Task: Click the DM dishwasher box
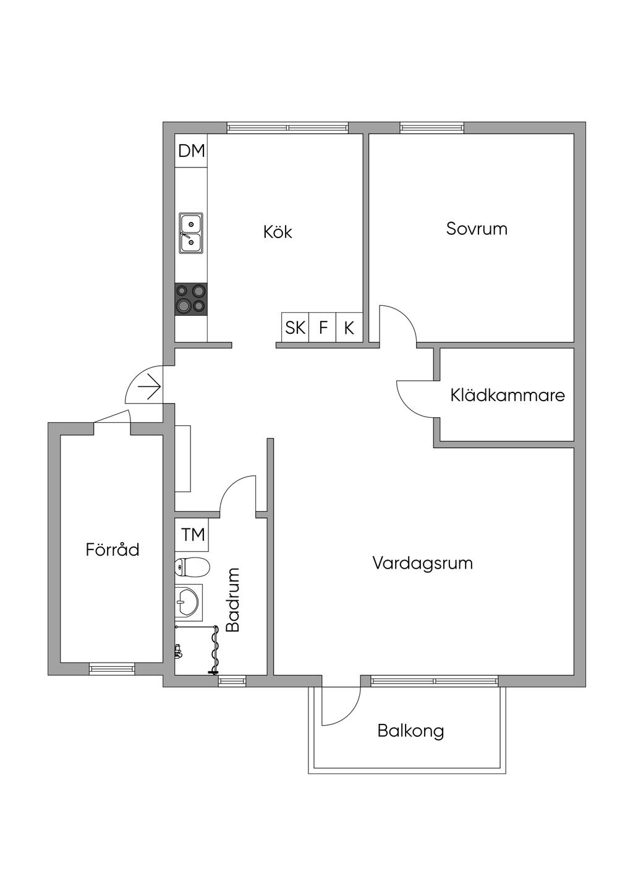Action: pos(191,151)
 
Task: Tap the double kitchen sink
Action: pos(190,233)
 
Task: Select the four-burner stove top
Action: pos(191,299)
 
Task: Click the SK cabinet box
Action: pos(295,327)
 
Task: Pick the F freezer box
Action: pos(323,327)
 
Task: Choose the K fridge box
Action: pos(349,327)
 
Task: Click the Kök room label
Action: pos(278,232)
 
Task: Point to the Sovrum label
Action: pos(477,229)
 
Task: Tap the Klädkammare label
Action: pos(508,395)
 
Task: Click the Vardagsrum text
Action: pos(423,564)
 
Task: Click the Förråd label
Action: pos(113,549)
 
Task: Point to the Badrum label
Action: pos(232,600)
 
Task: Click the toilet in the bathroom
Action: pos(192,567)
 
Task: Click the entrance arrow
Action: pos(149,387)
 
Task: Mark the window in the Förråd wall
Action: pos(112,669)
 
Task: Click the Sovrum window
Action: pos(432,127)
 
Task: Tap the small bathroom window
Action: pos(232,681)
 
